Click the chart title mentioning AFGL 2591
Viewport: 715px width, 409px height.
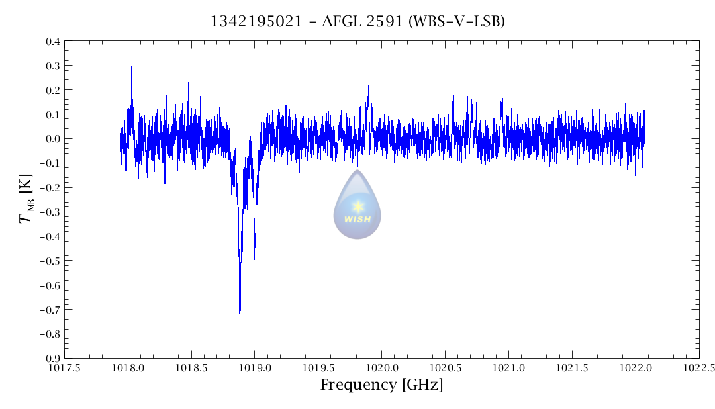click(358, 22)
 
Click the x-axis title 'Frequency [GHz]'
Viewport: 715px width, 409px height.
click(381, 385)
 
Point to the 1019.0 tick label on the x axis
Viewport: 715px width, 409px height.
click(255, 368)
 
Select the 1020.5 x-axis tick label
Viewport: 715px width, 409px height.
click(445, 368)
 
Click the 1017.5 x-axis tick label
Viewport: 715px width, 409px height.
click(64, 368)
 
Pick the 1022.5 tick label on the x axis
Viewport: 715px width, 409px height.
click(699, 368)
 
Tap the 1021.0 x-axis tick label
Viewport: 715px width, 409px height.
click(508, 368)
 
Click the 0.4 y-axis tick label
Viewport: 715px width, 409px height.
click(52, 42)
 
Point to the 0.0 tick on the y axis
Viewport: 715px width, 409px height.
click(52, 139)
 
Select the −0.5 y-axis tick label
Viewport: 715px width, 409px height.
click(50, 261)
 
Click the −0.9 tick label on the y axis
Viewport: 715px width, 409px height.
click(50, 358)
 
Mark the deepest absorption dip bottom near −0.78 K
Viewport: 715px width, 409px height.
click(240, 328)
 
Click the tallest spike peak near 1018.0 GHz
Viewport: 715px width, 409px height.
click(132, 66)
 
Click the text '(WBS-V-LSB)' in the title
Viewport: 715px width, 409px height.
click(457, 22)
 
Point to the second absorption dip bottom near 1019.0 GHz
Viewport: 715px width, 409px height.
click(254, 259)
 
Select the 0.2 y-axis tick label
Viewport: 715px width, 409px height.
click(52, 90)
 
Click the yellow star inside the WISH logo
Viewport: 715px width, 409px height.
click(358, 206)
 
